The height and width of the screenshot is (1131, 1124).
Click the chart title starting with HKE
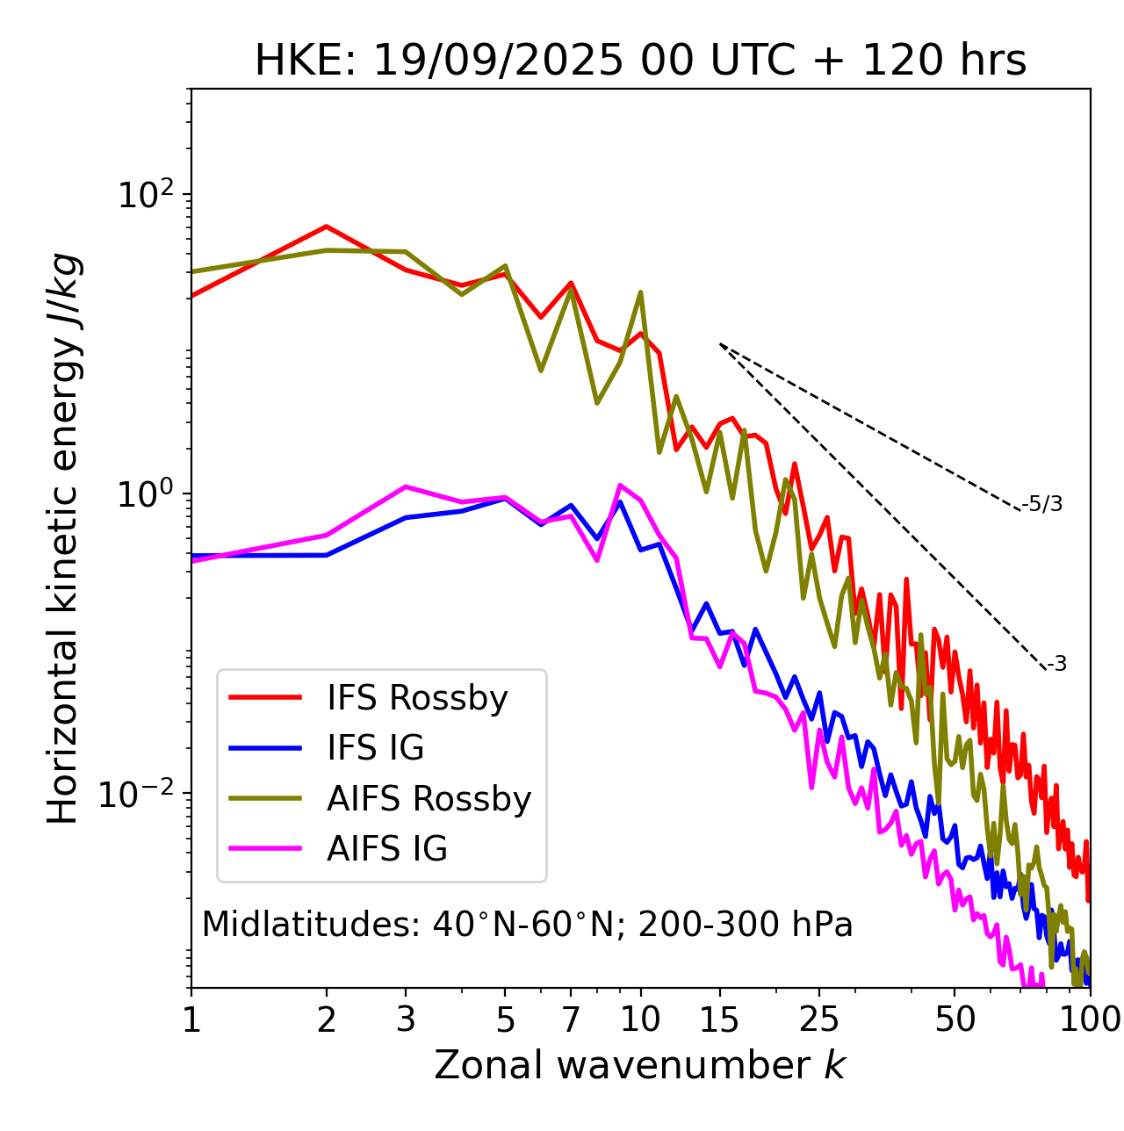click(640, 61)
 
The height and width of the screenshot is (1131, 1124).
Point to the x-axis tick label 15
click(719, 1019)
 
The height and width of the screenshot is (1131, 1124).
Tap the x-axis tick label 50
click(955, 1019)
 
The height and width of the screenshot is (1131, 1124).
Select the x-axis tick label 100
click(1090, 1019)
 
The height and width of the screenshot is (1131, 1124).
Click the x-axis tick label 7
click(571, 1019)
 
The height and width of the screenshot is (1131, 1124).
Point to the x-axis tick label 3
click(406, 1019)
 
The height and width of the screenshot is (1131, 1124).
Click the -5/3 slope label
click(1042, 504)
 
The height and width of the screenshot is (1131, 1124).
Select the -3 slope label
click(1056, 665)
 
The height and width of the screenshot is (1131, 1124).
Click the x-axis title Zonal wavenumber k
click(640, 1065)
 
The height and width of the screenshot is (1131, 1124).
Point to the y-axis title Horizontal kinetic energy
click(64, 538)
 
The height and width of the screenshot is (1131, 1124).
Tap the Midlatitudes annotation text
click(527, 925)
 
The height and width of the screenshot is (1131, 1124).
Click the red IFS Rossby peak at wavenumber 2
click(327, 227)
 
